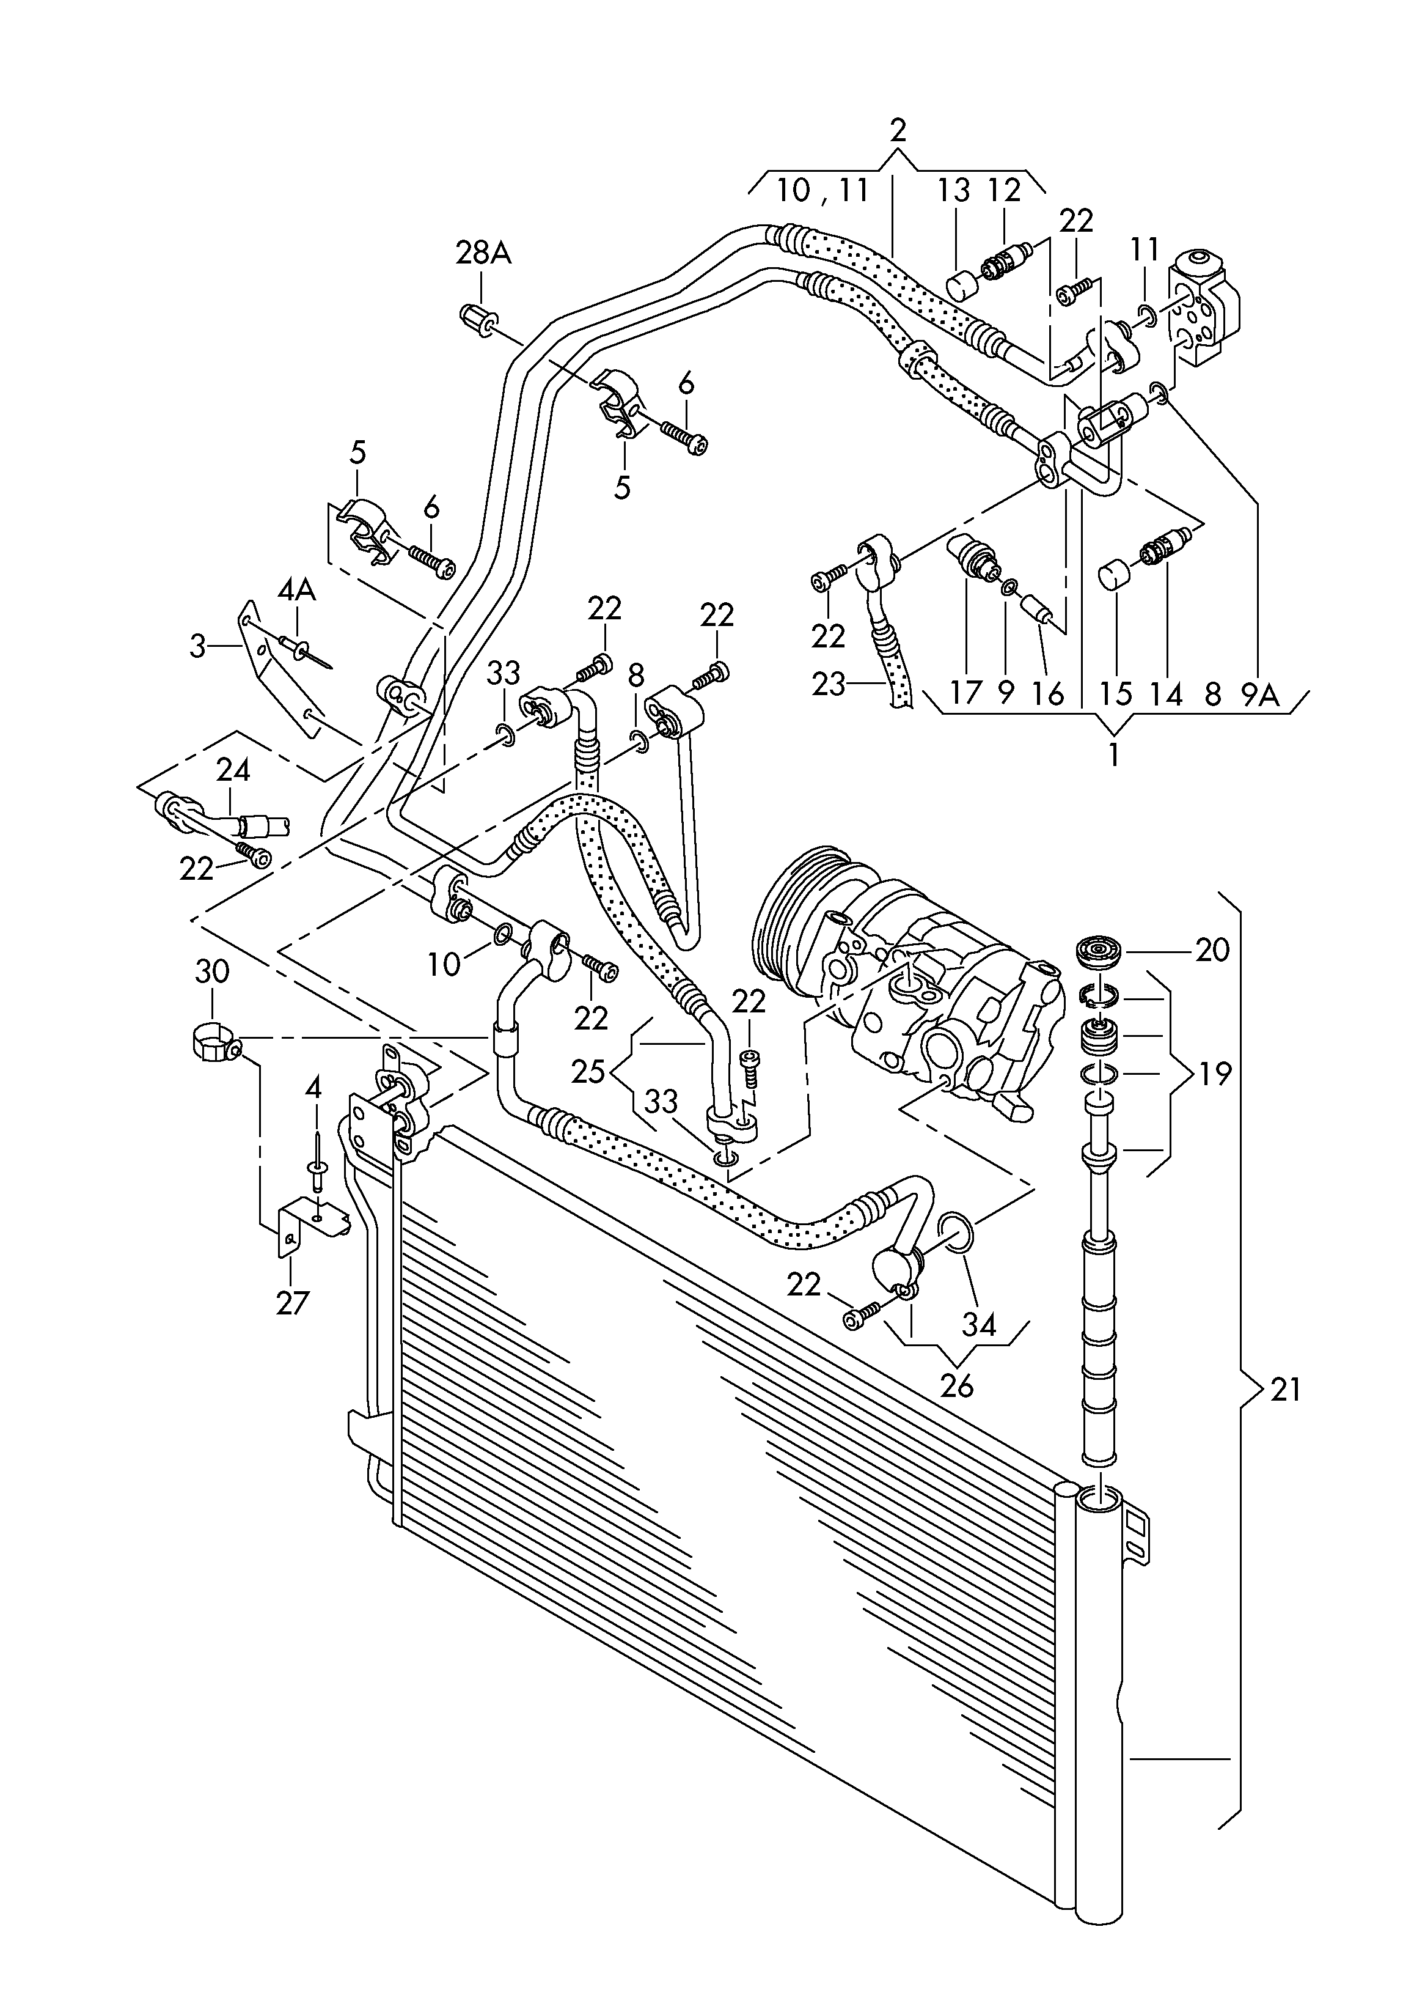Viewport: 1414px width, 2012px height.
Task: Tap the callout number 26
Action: [x=957, y=1387]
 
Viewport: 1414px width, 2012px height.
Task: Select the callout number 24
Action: [x=233, y=770]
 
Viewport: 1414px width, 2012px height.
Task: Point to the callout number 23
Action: [x=829, y=684]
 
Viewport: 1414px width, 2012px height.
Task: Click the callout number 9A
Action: [x=1260, y=695]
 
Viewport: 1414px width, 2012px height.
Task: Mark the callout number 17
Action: [x=966, y=695]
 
